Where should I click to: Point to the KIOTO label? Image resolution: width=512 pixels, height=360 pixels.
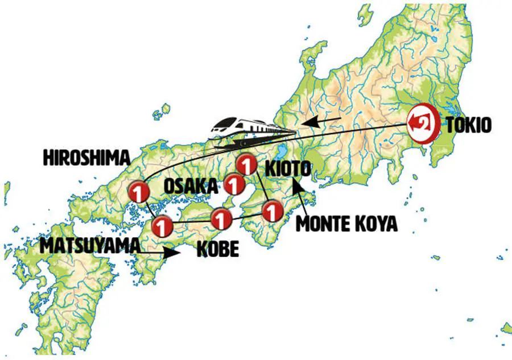coord(288,169)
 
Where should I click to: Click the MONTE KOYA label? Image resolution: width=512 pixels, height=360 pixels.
coord(346,224)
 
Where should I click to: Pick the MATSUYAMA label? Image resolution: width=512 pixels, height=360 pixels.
coord(89,246)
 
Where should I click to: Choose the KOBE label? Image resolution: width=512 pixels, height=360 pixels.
coord(217,250)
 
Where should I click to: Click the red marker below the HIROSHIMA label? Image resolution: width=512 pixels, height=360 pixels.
coord(138,192)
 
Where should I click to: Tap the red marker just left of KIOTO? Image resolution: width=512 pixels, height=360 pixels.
coord(246,165)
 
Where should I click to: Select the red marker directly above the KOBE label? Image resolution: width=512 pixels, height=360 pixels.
coord(221,217)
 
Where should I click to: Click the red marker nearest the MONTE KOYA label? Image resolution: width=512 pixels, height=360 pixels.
coord(272,212)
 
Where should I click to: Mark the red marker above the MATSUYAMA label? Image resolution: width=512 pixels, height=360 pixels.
coord(162,226)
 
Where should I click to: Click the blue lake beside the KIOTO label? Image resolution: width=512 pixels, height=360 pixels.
coord(280,153)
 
